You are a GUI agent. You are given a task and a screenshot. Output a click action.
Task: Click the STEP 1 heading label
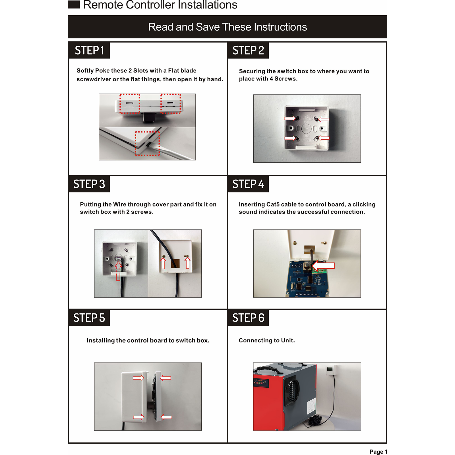pos(89,50)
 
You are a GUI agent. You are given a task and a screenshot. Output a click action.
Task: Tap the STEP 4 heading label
pos(248,184)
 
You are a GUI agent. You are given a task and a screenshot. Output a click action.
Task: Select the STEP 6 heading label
pos(248,318)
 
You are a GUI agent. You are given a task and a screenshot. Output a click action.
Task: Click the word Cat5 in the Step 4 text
pos(273,204)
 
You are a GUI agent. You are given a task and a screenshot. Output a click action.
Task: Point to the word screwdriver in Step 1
pos(94,79)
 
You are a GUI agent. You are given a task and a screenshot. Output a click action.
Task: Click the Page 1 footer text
pos(378,452)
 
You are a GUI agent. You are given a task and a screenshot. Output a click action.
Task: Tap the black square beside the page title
pos(74,4)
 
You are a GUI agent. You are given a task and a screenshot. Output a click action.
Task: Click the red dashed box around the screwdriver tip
pos(147,143)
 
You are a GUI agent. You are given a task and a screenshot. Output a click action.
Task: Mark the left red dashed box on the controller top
pos(130,104)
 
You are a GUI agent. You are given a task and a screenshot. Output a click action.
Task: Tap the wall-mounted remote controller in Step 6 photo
pos(330,370)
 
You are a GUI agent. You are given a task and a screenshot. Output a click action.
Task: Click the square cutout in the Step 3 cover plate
pos(175,263)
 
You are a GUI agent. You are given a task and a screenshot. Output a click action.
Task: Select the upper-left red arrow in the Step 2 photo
pos(290,118)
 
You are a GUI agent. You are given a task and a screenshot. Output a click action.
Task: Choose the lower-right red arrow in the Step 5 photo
pos(166,417)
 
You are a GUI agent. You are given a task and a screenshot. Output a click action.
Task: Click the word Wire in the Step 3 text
pos(119,204)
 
